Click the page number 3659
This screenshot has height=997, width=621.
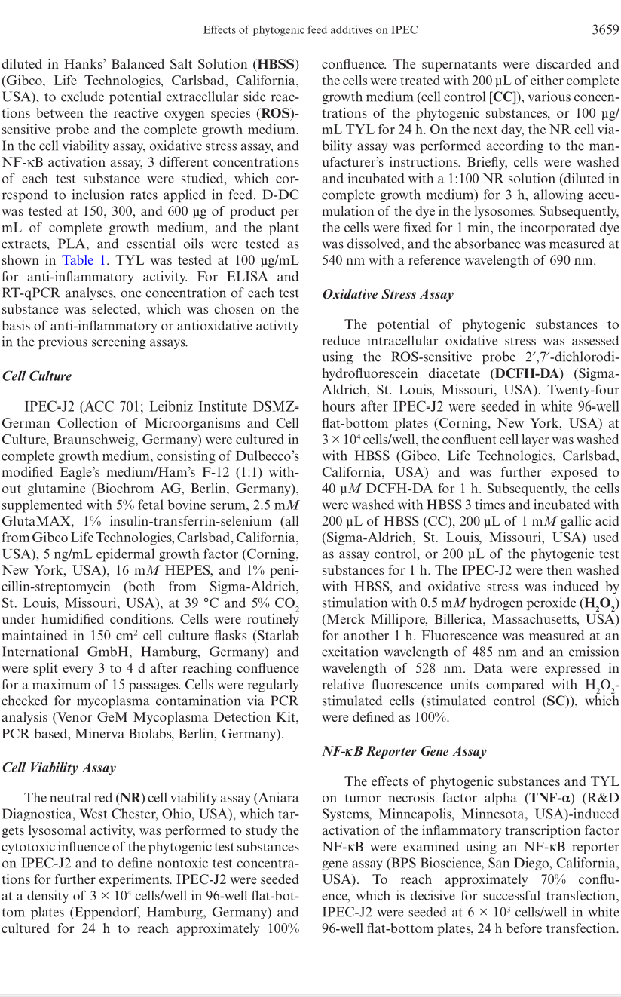[605, 30]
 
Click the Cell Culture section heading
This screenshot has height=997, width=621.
[37, 376]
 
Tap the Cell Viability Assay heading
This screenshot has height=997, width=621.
[59, 767]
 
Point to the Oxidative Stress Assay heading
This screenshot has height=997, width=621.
[387, 294]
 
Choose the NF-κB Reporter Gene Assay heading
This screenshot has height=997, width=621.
[404, 751]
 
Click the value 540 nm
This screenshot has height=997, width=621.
[341, 261]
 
